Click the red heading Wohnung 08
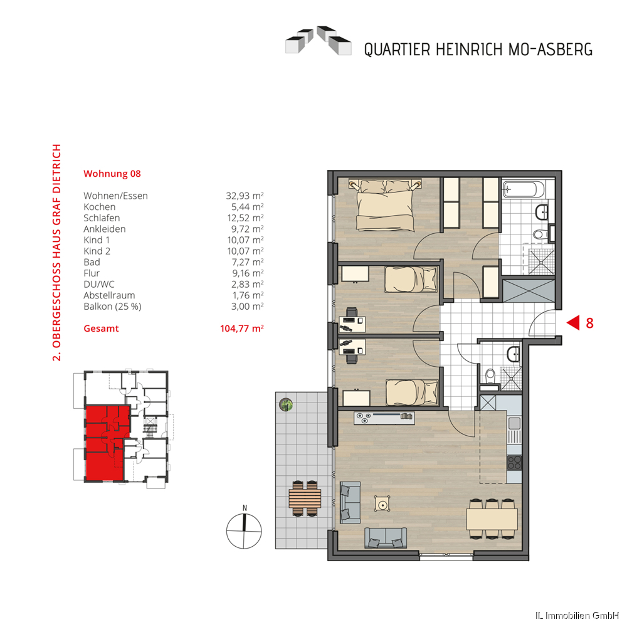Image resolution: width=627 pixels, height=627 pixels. (x=112, y=174)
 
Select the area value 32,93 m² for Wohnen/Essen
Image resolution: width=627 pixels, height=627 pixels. (x=245, y=196)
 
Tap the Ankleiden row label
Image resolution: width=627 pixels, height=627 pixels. (x=104, y=229)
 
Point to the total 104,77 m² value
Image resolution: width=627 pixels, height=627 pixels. (x=242, y=329)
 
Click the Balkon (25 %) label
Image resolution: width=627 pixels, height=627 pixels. (x=112, y=307)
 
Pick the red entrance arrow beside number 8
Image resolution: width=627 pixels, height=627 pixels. (x=574, y=322)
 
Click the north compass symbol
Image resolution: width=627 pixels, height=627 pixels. (x=244, y=528)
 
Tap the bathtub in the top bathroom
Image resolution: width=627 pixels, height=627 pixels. (x=524, y=189)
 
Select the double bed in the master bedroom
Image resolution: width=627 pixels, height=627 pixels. (x=385, y=205)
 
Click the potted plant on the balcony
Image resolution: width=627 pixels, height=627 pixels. (x=286, y=404)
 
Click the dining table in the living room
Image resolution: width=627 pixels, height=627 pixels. (x=492, y=519)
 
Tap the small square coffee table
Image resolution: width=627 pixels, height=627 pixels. (x=382, y=504)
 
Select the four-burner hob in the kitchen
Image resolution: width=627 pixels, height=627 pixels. (x=514, y=463)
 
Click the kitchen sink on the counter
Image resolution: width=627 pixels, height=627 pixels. (x=514, y=423)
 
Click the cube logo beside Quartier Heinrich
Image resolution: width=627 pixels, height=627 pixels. (x=319, y=40)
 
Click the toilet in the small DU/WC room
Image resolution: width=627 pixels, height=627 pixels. (x=490, y=375)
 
